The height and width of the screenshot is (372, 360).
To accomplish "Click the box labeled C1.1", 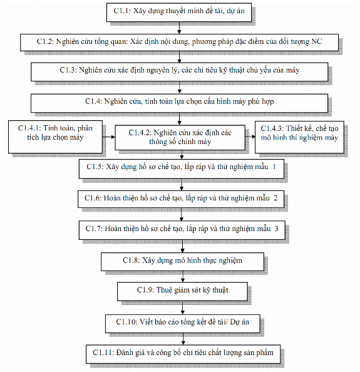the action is pos(179,13).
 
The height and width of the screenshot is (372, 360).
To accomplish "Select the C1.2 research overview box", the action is pos(179,43).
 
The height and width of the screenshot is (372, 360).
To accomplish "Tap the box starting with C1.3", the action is pos(180,72).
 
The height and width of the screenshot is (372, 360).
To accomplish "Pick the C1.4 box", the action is pos(180,103).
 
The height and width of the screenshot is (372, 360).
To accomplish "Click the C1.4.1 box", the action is pos(56,137).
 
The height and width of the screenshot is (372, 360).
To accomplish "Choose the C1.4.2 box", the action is pos(180,138).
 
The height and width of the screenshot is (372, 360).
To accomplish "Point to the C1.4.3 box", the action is pos(299,137).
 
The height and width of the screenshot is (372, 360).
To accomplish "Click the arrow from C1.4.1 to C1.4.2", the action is pos(109,137).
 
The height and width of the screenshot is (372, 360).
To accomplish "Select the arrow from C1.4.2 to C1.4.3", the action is pos(250,137).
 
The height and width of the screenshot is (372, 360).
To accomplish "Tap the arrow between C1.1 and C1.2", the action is pos(179,28).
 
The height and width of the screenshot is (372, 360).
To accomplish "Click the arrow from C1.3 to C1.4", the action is pos(180,88).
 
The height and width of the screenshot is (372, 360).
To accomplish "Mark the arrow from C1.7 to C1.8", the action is pos(182,246).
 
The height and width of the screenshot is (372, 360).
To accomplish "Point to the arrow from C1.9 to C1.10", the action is pos(182,308).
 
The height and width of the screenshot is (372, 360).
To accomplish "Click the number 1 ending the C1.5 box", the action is pos(274,167).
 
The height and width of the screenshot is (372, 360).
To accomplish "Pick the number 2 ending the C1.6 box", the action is pos(275,198).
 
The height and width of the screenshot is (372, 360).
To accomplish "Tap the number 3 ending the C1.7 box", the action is pos(276,229).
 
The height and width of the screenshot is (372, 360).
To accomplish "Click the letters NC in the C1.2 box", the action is pos(316,41).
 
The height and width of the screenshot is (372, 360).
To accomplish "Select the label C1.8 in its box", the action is pos(131,261).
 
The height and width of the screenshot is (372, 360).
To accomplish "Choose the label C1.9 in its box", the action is pos(145,290).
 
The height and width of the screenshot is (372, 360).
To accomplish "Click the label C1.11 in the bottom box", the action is pos(103,353).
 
